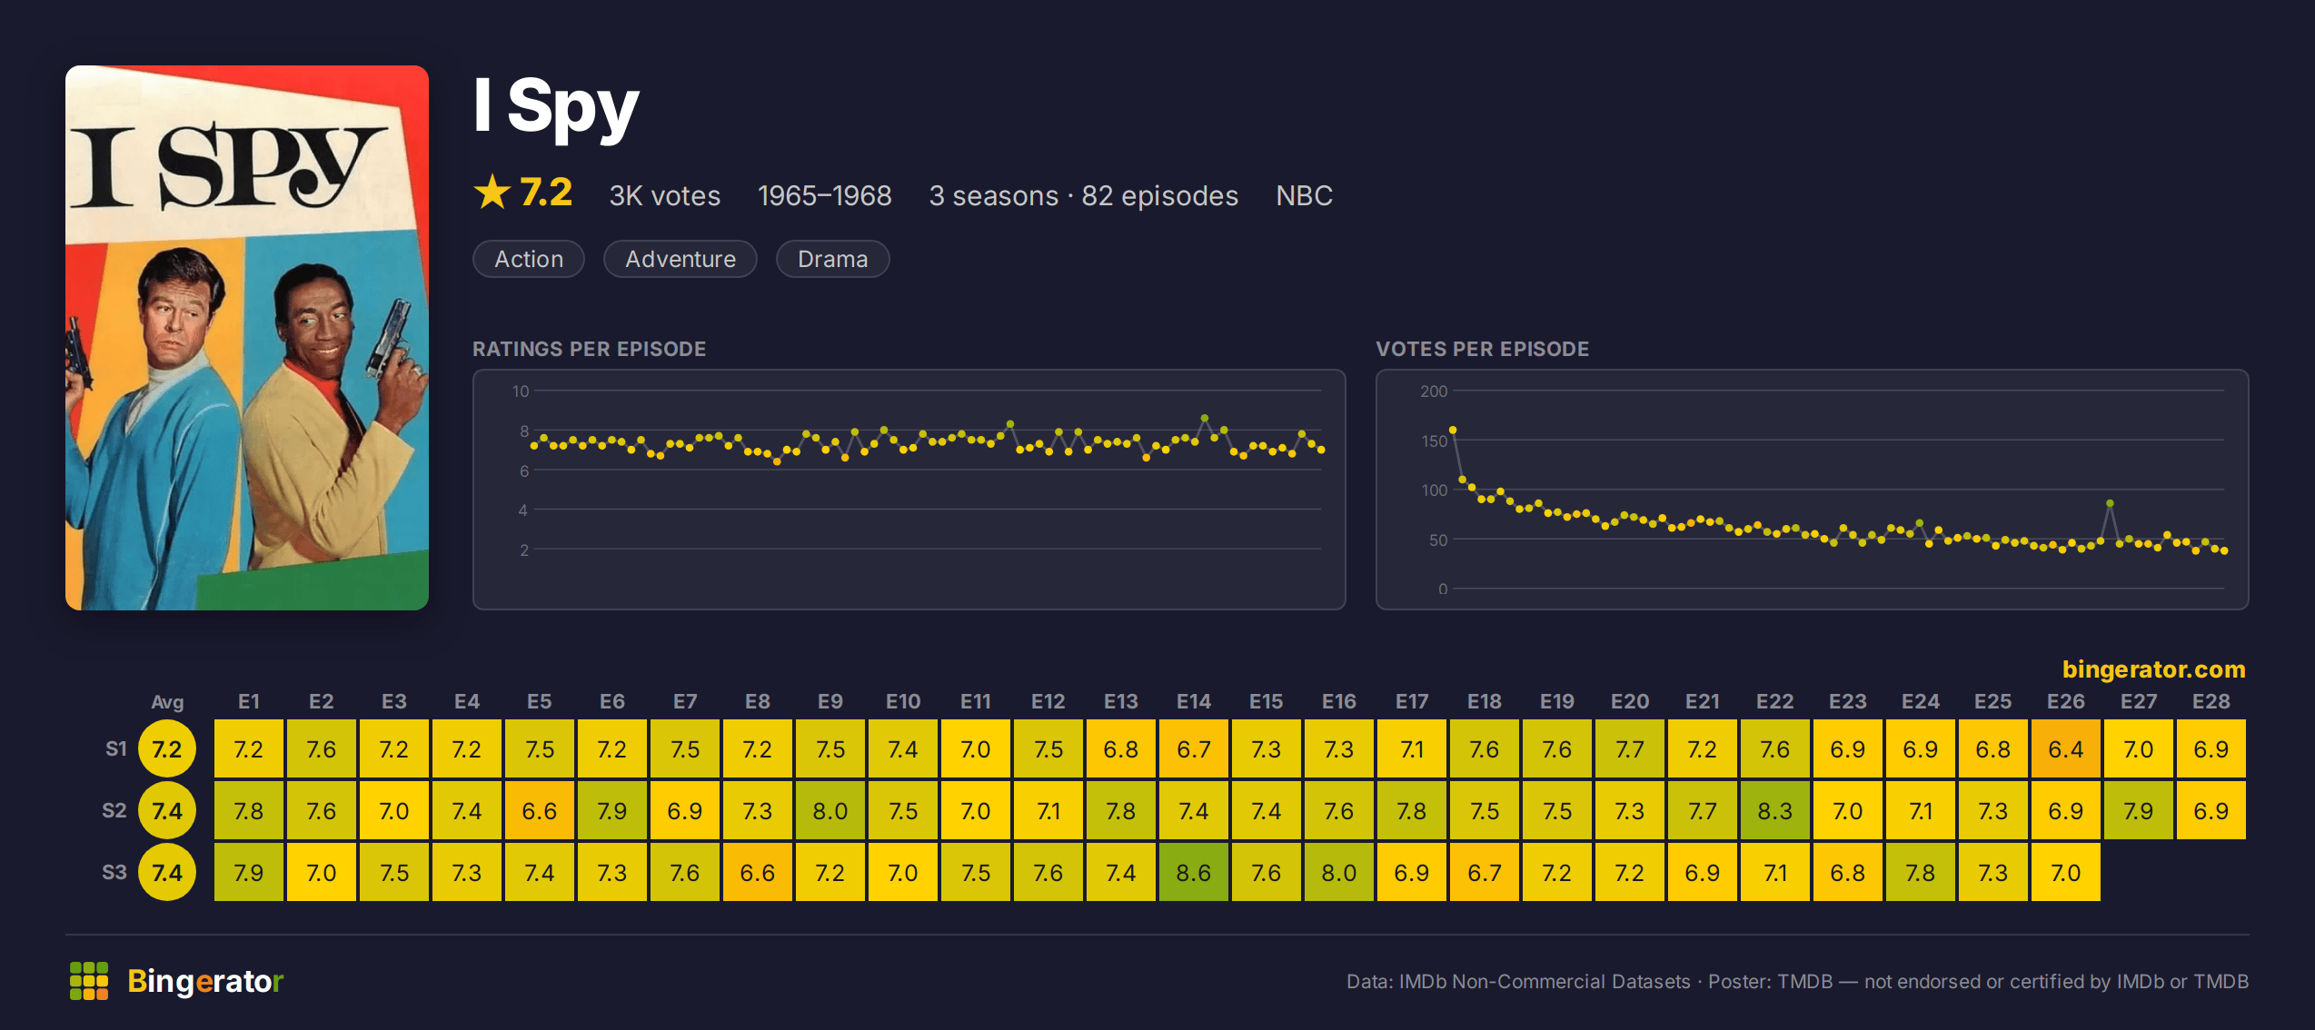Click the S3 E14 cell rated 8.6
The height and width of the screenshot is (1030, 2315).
pyautogui.click(x=1193, y=872)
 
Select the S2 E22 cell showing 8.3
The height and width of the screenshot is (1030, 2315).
pyautogui.click(x=1774, y=810)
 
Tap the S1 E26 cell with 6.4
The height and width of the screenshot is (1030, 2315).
pyautogui.click(x=2065, y=748)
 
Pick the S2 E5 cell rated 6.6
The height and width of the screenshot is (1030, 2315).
pyautogui.click(x=539, y=810)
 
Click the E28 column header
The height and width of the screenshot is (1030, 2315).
pyautogui.click(x=2211, y=701)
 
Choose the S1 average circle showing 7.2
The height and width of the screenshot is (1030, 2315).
pyautogui.click(x=167, y=748)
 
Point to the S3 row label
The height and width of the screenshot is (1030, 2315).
pyautogui.click(x=114, y=872)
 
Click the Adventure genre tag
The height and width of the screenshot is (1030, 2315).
pyautogui.click(x=681, y=259)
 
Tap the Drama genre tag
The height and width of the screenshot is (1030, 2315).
pyautogui.click(x=832, y=259)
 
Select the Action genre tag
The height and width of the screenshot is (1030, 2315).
pyautogui.click(x=529, y=259)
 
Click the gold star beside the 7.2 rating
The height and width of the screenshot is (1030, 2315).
pyautogui.click(x=492, y=192)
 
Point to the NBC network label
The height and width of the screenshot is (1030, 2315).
pyautogui.click(x=1304, y=195)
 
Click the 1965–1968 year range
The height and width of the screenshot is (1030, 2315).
pyautogui.click(x=825, y=195)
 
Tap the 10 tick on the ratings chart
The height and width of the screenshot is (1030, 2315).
pyautogui.click(x=521, y=391)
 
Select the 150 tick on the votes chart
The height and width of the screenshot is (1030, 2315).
pyautogui.click(x=1434, y=441)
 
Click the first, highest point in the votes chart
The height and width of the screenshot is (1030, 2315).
pyautogui.click(x=1453, y=430)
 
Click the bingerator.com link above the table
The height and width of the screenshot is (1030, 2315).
pyautogui.click(x=2153, y=669)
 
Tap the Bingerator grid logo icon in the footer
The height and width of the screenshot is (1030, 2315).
pyautogui.click(x=89, y=981)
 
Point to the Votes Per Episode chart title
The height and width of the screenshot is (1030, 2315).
pyautogui.click(x=1483, y=349)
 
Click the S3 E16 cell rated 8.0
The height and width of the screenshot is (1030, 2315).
pyautogui.click(x=1338, y=872)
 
